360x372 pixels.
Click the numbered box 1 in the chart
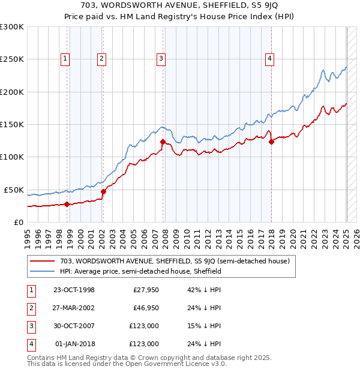click(x=65, y=58)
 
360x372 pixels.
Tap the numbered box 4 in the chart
click(x=270, y=58)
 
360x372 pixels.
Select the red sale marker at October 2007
click(x=163, y=142)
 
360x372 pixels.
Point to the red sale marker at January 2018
click(x=271, y=142)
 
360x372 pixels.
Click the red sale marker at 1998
click(x=67, y=204)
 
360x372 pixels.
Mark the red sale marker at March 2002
click(x=103, y=191)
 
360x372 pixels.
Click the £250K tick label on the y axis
click(x=12, y=59)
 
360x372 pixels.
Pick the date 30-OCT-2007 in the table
click(x=74, y=326)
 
